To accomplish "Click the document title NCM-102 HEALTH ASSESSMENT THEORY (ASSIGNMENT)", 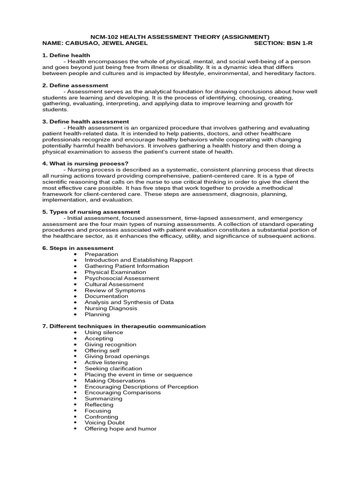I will click(x=180, y=37).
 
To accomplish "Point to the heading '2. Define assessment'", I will click(x=75, y=85).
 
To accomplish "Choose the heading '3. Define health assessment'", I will click(x=85, y=121).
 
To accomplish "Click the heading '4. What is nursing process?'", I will click(x=85, y=164).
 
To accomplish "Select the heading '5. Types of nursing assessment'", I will click(x=91, y=212).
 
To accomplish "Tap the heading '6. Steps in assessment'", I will click(x=78, y=248).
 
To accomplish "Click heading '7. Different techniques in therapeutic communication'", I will click(x=124, y=326).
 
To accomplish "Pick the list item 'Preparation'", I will click(x=101, y=254).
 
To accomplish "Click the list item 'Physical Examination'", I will click(x=115, y=272).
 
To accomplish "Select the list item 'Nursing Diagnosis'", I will click(x=111, y=308).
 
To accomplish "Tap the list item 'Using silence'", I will click(x=104, y=332).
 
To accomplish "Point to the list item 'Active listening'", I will click(x=106, y=362).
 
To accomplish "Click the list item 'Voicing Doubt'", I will click(x=105, y=422).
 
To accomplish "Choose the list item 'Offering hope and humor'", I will click(x=120, y=428).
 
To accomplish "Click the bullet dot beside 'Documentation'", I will click(x=75, y=296).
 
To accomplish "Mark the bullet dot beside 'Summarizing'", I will click(x=75, y=398).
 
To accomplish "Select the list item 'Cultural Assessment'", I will click(x=114, y=284).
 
